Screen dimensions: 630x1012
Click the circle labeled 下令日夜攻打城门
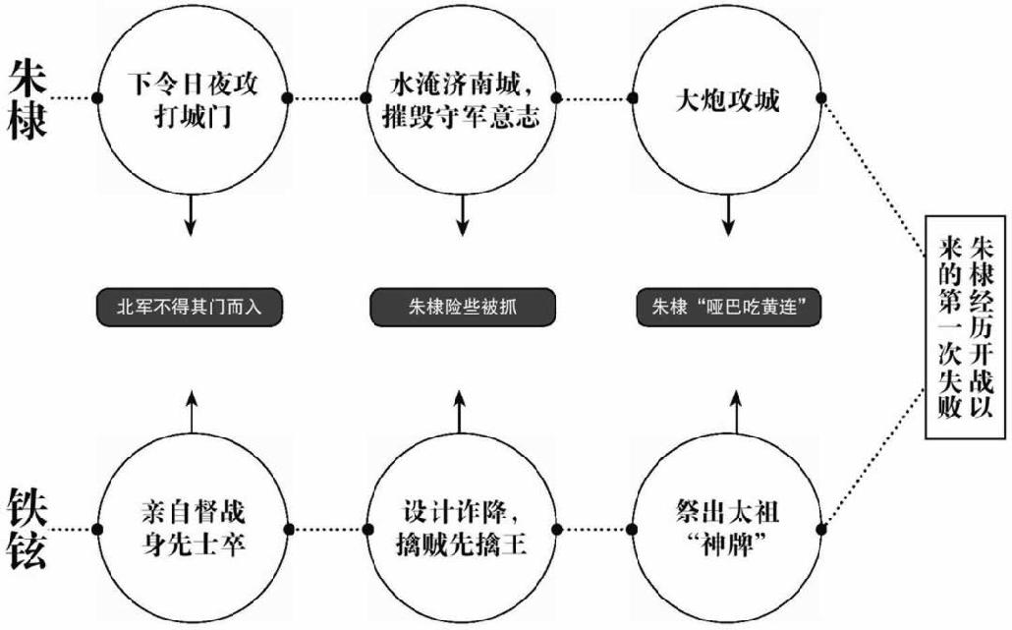tap(193, 98)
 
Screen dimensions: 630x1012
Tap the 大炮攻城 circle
tap(727, 98)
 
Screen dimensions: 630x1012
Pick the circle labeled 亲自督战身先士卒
tap(193, 528)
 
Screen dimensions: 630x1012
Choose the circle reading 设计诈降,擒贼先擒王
tap(460, 528)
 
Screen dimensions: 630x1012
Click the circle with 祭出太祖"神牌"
tap(728, 528)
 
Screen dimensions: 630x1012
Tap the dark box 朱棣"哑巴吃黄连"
tap(728, 307)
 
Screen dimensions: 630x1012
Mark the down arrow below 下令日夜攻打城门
tap(192, 216)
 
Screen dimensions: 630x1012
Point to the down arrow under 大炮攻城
tap(728, 216)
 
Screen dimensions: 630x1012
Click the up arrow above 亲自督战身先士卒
tap(192, 408)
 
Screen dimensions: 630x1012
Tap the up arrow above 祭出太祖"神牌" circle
tap(728, 408)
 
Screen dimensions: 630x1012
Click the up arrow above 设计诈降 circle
tap(460, 408)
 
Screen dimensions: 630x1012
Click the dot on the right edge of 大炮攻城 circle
tap(821, 98)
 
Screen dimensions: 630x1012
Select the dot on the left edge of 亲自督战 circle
tap(98, 528)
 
